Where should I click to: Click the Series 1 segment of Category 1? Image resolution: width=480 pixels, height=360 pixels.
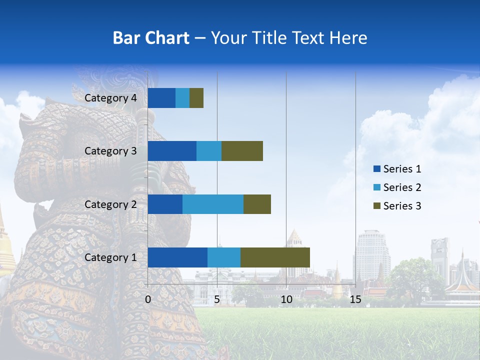tap(177, 257)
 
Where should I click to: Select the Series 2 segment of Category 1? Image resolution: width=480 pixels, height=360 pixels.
tap(224, 257)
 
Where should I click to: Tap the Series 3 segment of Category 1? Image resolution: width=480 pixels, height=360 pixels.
tap(275, 257)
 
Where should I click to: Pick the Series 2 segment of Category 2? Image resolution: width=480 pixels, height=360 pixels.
tap(213, 204)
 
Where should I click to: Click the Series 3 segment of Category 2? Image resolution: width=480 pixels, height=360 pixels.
tap(257, 204)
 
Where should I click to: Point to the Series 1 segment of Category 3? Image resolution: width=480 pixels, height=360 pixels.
tap(172, 151)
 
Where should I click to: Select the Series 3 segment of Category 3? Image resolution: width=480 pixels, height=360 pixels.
tap(242, 151)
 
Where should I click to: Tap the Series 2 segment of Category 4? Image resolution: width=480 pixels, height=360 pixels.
tap(182, 98)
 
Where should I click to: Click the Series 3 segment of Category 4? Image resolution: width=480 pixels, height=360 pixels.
tap(196, 98)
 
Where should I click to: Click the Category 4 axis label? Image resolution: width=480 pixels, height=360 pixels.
tap(110, 98)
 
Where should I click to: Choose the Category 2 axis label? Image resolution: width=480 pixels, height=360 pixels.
tap(110, 204)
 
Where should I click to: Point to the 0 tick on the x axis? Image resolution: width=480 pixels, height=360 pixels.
tap(148, 299)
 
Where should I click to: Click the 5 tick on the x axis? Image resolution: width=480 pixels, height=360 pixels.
tap(217, 299)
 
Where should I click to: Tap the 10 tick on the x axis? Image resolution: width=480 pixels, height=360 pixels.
tap(286, 299)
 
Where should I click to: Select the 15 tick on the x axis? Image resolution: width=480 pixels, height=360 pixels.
tap(355, 299)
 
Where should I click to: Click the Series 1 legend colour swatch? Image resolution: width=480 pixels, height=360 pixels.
tap(376, 169)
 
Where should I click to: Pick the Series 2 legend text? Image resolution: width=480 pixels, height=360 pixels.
tap(402, 187)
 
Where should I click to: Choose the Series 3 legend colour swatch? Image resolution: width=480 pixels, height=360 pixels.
tap(376, 206)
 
